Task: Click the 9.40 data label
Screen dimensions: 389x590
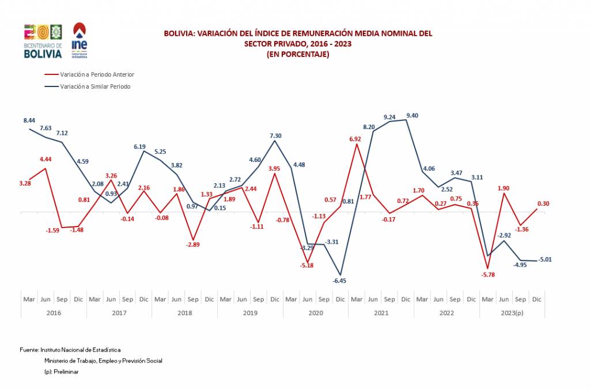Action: (412, 116)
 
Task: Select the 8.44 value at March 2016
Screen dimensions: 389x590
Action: (29, 120)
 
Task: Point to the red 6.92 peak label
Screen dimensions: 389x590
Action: (355, 139)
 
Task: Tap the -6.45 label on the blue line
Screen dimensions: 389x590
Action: (339, 281)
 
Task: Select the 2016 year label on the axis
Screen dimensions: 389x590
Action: (54, 313)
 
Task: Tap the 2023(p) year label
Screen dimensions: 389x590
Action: (512, 313)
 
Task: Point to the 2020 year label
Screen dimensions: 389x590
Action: (316, 313)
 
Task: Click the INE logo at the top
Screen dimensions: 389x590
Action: (79, 40)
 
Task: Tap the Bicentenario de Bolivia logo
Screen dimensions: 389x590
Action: (43, 41)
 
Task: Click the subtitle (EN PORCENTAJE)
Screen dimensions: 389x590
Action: (297, 54)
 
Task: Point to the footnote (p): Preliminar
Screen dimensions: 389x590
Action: (61, 372)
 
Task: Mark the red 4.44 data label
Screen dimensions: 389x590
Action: (46, 159)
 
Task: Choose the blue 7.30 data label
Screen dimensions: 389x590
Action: (275, 136)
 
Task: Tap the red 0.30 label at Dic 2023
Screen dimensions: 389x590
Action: (543, 203)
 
